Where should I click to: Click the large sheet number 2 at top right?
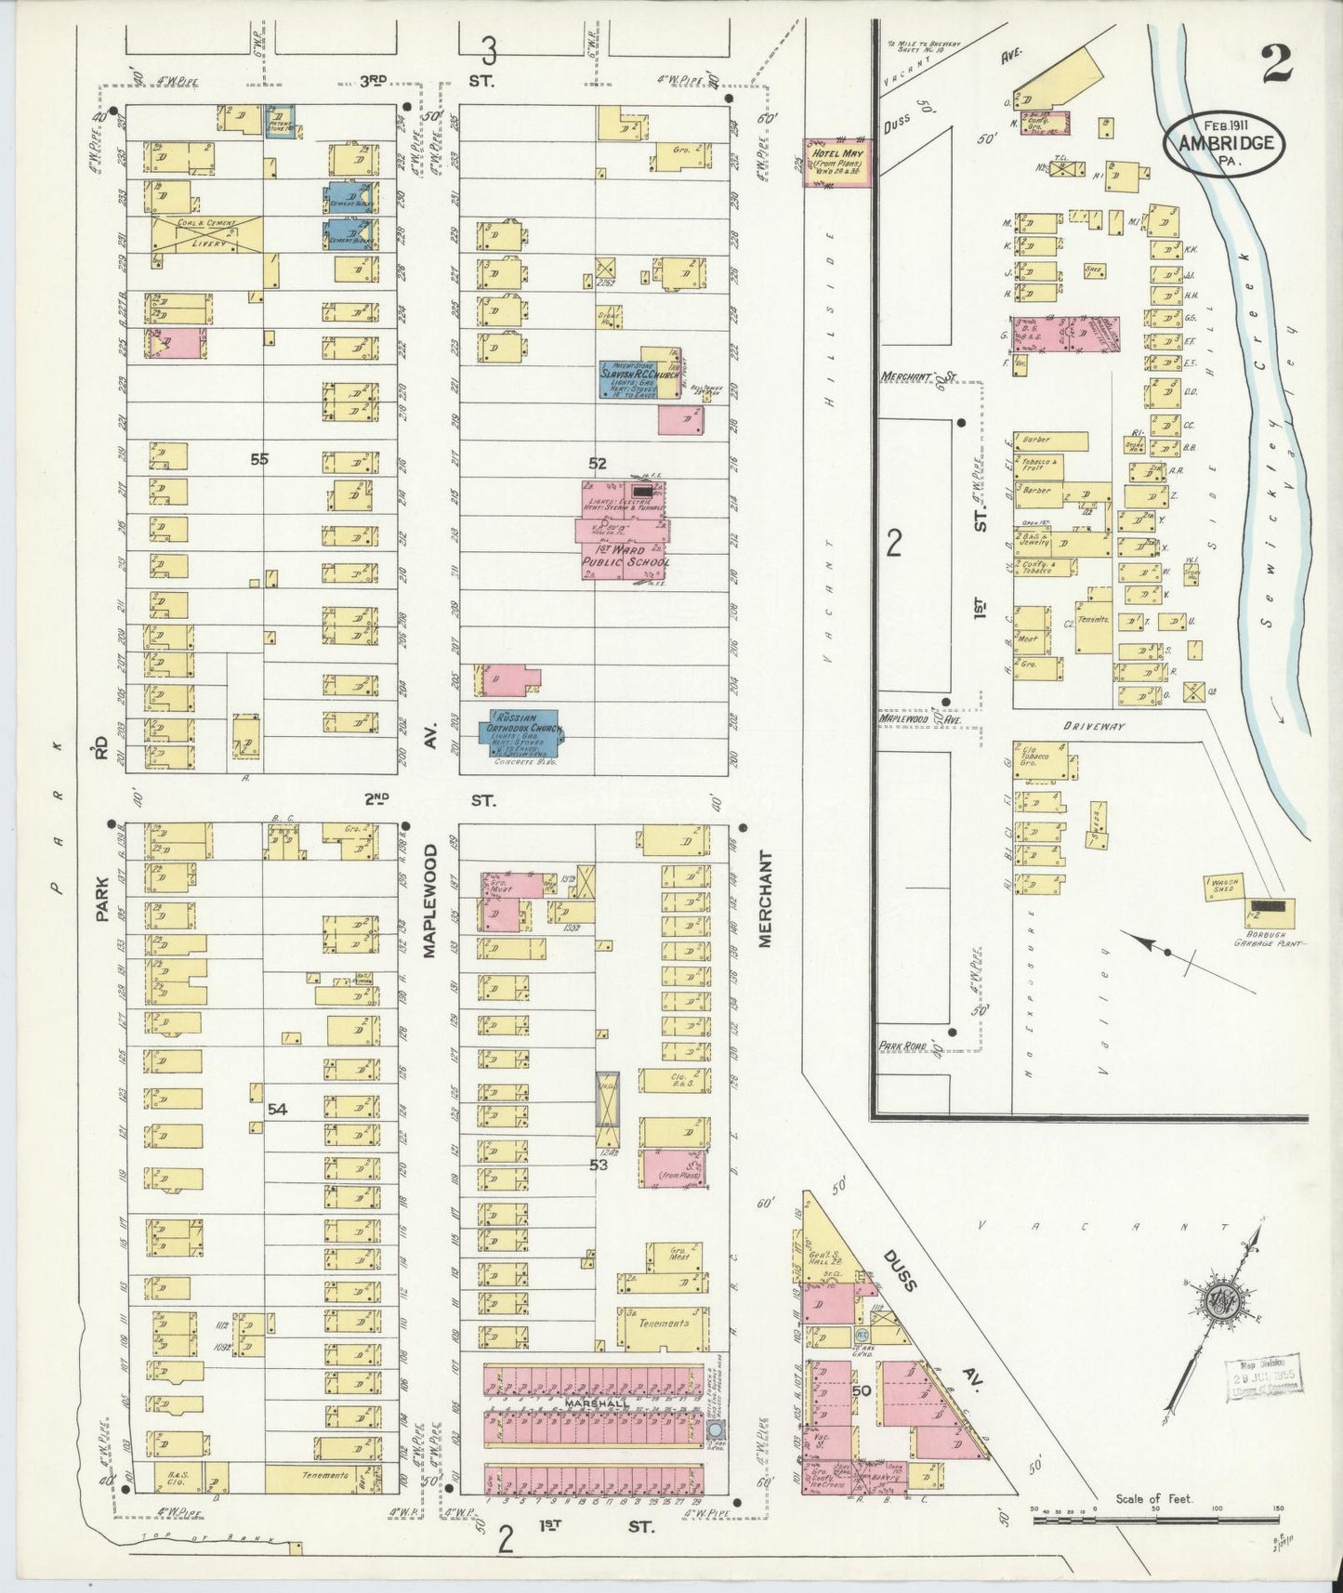1280,65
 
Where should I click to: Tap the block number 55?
259,458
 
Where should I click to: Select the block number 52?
597,462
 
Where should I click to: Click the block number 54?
276,1109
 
